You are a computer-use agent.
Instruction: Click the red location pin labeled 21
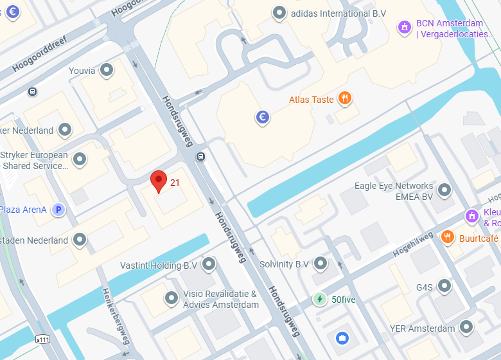(x=158, y=180)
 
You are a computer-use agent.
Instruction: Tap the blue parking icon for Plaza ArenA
(x=58, y=210)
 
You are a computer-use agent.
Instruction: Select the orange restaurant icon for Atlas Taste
(x=346, y=98)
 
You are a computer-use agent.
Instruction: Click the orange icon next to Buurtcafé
(x=448, y=237)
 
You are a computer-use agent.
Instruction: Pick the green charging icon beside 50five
(x=319, y=299)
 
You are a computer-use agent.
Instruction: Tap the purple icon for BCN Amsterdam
(x=404, y=27)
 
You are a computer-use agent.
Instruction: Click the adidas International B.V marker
(x=279, y=12)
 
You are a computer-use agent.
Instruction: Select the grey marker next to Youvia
(x=107, y=69)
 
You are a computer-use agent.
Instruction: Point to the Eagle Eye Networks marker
(x=444, y=190)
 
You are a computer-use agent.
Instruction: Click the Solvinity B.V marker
(x=321, y=264)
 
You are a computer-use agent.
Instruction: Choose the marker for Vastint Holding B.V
(x=209, y=264)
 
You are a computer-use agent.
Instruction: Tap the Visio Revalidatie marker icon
(x=171, y=298)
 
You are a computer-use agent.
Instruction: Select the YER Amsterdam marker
(x=468, y=327)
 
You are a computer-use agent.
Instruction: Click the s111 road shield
(x=43, y=339)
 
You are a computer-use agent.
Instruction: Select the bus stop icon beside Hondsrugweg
(x=201, y=156)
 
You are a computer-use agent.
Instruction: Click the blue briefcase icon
(x=342, y=337)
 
